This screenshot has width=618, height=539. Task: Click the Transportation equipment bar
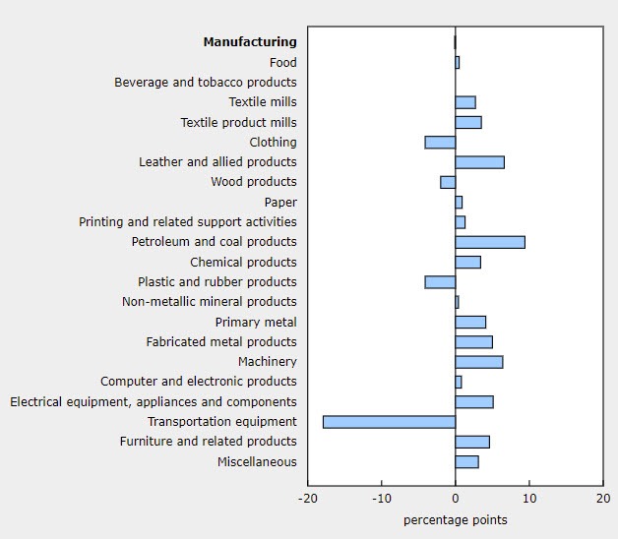tap(389, 422)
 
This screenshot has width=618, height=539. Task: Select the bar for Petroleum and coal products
tap(490, 242)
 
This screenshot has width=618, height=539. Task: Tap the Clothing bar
tap(440, 143)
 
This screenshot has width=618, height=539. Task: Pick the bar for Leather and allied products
tap(479, 162)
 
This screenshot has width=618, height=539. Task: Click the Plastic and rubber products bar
tap(440, 282)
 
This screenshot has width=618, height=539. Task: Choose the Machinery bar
tap(478, 362)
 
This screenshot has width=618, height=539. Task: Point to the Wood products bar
tap(448, 182)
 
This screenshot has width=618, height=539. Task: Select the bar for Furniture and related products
tap(472, 442)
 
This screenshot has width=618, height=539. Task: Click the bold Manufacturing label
tap(249, 42)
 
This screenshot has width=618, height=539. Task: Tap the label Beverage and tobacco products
tap(205, 83)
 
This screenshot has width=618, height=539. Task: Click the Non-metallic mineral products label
tap(209, 302)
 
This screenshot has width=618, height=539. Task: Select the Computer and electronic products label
tap(198, 382)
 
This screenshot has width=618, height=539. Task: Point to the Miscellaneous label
tap(257, 462)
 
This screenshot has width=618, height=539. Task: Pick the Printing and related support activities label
tap(187, 222)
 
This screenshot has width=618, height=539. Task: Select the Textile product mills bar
tap(468, 122)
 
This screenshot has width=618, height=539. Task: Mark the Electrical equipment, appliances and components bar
tap(474, 401)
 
